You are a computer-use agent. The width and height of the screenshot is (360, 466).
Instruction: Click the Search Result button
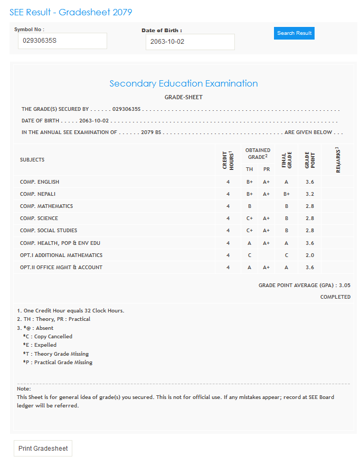[294, 33]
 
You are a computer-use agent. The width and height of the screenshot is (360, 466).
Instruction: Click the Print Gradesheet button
[43, 449]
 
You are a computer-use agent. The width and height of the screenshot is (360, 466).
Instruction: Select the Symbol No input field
[62, 41]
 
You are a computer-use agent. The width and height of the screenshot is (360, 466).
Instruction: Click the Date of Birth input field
[190, 42]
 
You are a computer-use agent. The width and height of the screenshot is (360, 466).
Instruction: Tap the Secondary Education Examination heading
[183, 83]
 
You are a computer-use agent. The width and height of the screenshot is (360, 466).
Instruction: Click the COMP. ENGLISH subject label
[40, 182]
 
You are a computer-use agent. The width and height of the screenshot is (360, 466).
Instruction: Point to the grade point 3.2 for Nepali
[310, 194]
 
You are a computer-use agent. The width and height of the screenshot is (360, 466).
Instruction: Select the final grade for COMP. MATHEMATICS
[286, 206]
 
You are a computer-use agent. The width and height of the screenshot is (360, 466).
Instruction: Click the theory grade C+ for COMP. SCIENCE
[250, 218]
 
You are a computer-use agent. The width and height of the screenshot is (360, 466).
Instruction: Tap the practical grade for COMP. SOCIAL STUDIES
[266, 231]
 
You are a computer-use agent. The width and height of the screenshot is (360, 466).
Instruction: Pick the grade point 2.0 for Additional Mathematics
[310, 255]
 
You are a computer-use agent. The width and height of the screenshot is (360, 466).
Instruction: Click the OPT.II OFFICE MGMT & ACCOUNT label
[61, 268]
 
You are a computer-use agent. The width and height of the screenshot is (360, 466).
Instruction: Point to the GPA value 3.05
[345, 285]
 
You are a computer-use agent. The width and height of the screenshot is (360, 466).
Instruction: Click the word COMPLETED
[335, 297]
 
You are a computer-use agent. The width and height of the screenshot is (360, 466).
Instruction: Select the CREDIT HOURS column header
[228, 159]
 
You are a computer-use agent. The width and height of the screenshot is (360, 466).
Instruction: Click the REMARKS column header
[338, 159]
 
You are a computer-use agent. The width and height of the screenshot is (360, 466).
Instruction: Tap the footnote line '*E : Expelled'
[40, 345]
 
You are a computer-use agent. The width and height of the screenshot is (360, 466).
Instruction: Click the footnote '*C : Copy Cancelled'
[48, 337]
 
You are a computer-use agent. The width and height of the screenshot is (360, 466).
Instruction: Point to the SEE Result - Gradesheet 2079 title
[71, 12]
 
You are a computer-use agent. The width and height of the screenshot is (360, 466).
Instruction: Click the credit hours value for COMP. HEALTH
[228, 243]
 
